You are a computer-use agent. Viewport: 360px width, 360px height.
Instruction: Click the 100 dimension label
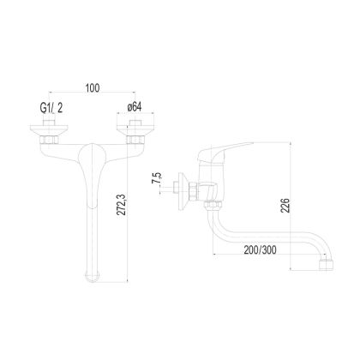[93, 87]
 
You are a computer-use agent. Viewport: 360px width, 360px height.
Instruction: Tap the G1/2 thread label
[51, 108]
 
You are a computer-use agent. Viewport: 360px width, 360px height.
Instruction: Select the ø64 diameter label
[135, 107]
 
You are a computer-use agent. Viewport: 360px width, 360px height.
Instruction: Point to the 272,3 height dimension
[122, 204]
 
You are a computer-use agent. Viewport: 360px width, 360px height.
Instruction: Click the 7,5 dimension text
[157, 178]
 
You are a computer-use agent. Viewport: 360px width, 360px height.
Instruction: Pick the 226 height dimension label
[285, 206]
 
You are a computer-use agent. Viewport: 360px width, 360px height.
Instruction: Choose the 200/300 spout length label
[260, 250]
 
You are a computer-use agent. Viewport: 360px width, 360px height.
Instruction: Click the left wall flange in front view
[50, 130]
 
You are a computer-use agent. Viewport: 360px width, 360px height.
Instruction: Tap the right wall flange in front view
[135, 130]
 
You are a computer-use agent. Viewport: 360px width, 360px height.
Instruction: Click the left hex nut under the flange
[50, 140]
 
